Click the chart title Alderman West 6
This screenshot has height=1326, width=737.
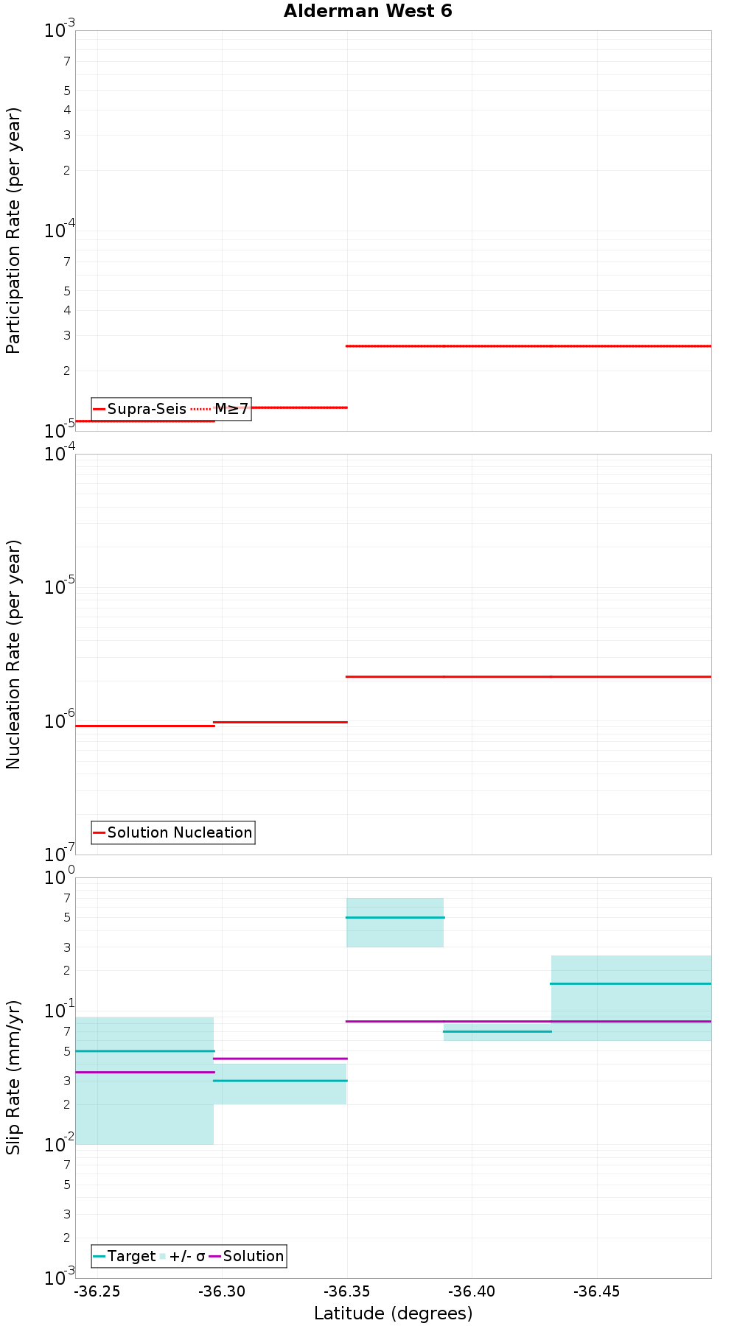coord(368,11)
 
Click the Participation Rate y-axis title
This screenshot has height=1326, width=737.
coord(14,231)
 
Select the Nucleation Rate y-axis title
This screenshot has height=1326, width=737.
coord(14,654)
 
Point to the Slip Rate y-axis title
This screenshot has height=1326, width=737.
coord(14,1077)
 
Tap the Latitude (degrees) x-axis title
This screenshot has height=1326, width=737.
coord(393,1313)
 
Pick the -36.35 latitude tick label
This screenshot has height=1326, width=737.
coord(347,1291)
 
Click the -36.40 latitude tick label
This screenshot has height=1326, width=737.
coord(472,1291)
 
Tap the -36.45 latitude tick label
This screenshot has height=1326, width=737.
coord(596,1291)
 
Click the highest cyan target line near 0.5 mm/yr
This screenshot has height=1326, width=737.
coord(395,917)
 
